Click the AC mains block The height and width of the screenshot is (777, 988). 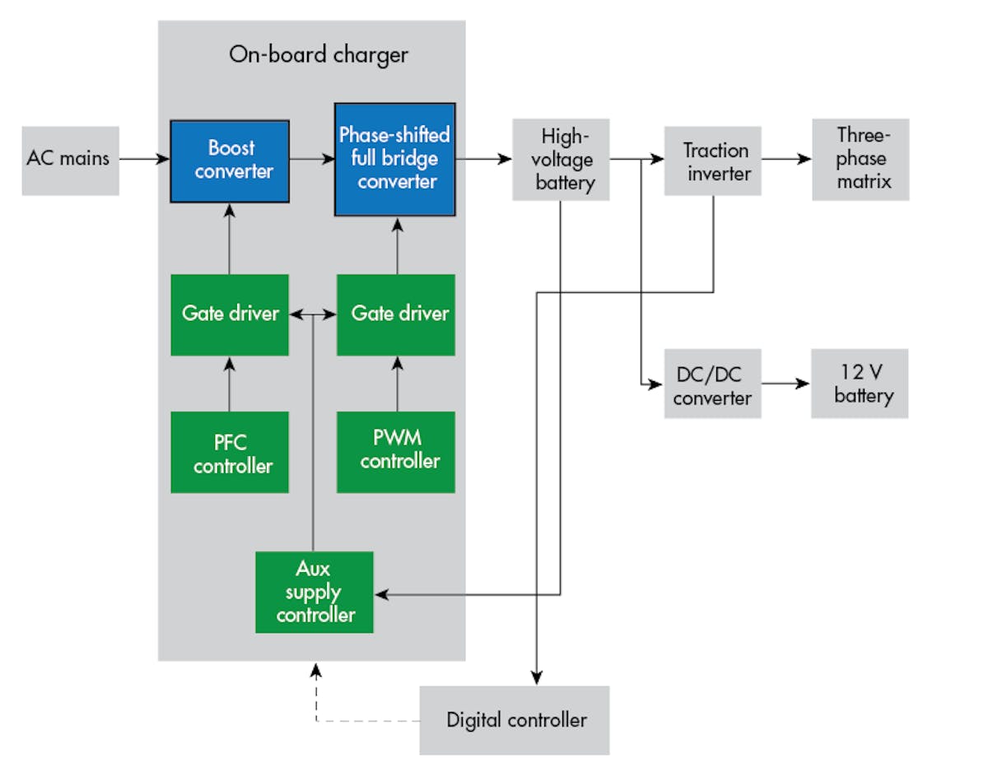(x=70, y=160)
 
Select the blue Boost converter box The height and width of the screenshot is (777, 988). (x=230, y=161)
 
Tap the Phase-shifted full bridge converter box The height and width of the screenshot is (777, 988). (x=394, y=159)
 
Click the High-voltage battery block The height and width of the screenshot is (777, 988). (x=561, y=159)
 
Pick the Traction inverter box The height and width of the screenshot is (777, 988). (x=713, y=161)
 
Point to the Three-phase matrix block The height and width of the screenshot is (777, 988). (x=860, y=159)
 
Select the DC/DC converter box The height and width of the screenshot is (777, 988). (x=713, y=384)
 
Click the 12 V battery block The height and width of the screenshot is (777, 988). (x=860, y=384)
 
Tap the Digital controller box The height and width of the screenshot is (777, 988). (x=515, y=720)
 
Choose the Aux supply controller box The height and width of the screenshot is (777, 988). (x=315, y=592)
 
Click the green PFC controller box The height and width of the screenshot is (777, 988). (x=230, y=453)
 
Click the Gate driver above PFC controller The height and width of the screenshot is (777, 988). (x=230, y=314)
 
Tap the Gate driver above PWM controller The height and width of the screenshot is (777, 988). (x=396, y=314)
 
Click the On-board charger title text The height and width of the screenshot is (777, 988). (x=318, y=55)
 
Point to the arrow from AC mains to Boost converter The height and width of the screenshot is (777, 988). (x=144, y=160)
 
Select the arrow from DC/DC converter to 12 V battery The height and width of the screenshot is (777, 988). (x=785, y=384)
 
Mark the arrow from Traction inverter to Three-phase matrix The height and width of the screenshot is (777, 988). (x=786, y=160)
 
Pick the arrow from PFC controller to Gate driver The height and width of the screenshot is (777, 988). (x=230, y=384)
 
